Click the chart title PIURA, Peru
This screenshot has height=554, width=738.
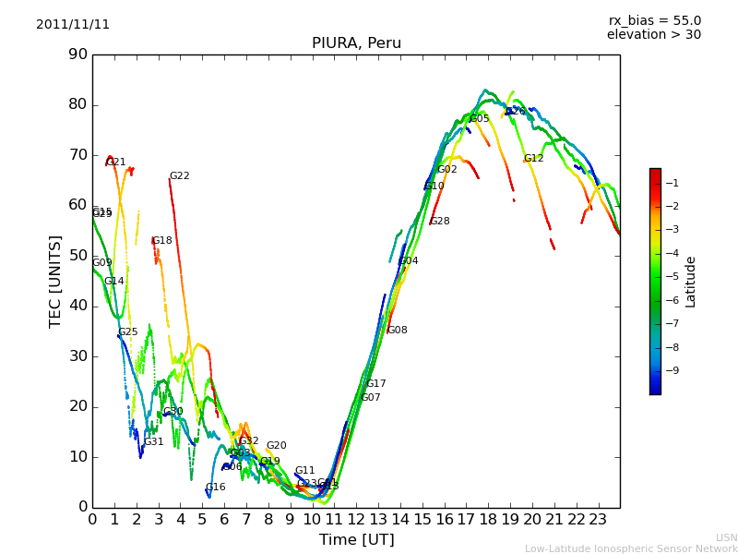[356, 43]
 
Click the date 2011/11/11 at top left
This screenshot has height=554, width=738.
[73, 25]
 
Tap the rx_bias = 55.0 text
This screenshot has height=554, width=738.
[654, 21]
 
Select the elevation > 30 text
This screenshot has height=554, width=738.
[653, 35]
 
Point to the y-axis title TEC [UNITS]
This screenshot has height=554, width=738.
[55, 281]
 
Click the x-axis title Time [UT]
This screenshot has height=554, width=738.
[356, 539]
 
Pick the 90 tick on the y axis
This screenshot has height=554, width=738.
[77, 54]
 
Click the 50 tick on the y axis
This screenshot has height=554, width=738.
[77, 256]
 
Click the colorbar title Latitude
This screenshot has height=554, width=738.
[690, 281]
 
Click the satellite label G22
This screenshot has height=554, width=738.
[179, 176]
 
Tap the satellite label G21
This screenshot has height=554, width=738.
[116, 163]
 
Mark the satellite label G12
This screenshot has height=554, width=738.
[533, 159]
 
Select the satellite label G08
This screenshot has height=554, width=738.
[397, 331]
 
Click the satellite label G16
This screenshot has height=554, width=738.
[215, 488]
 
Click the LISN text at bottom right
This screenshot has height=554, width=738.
[726, 537]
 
